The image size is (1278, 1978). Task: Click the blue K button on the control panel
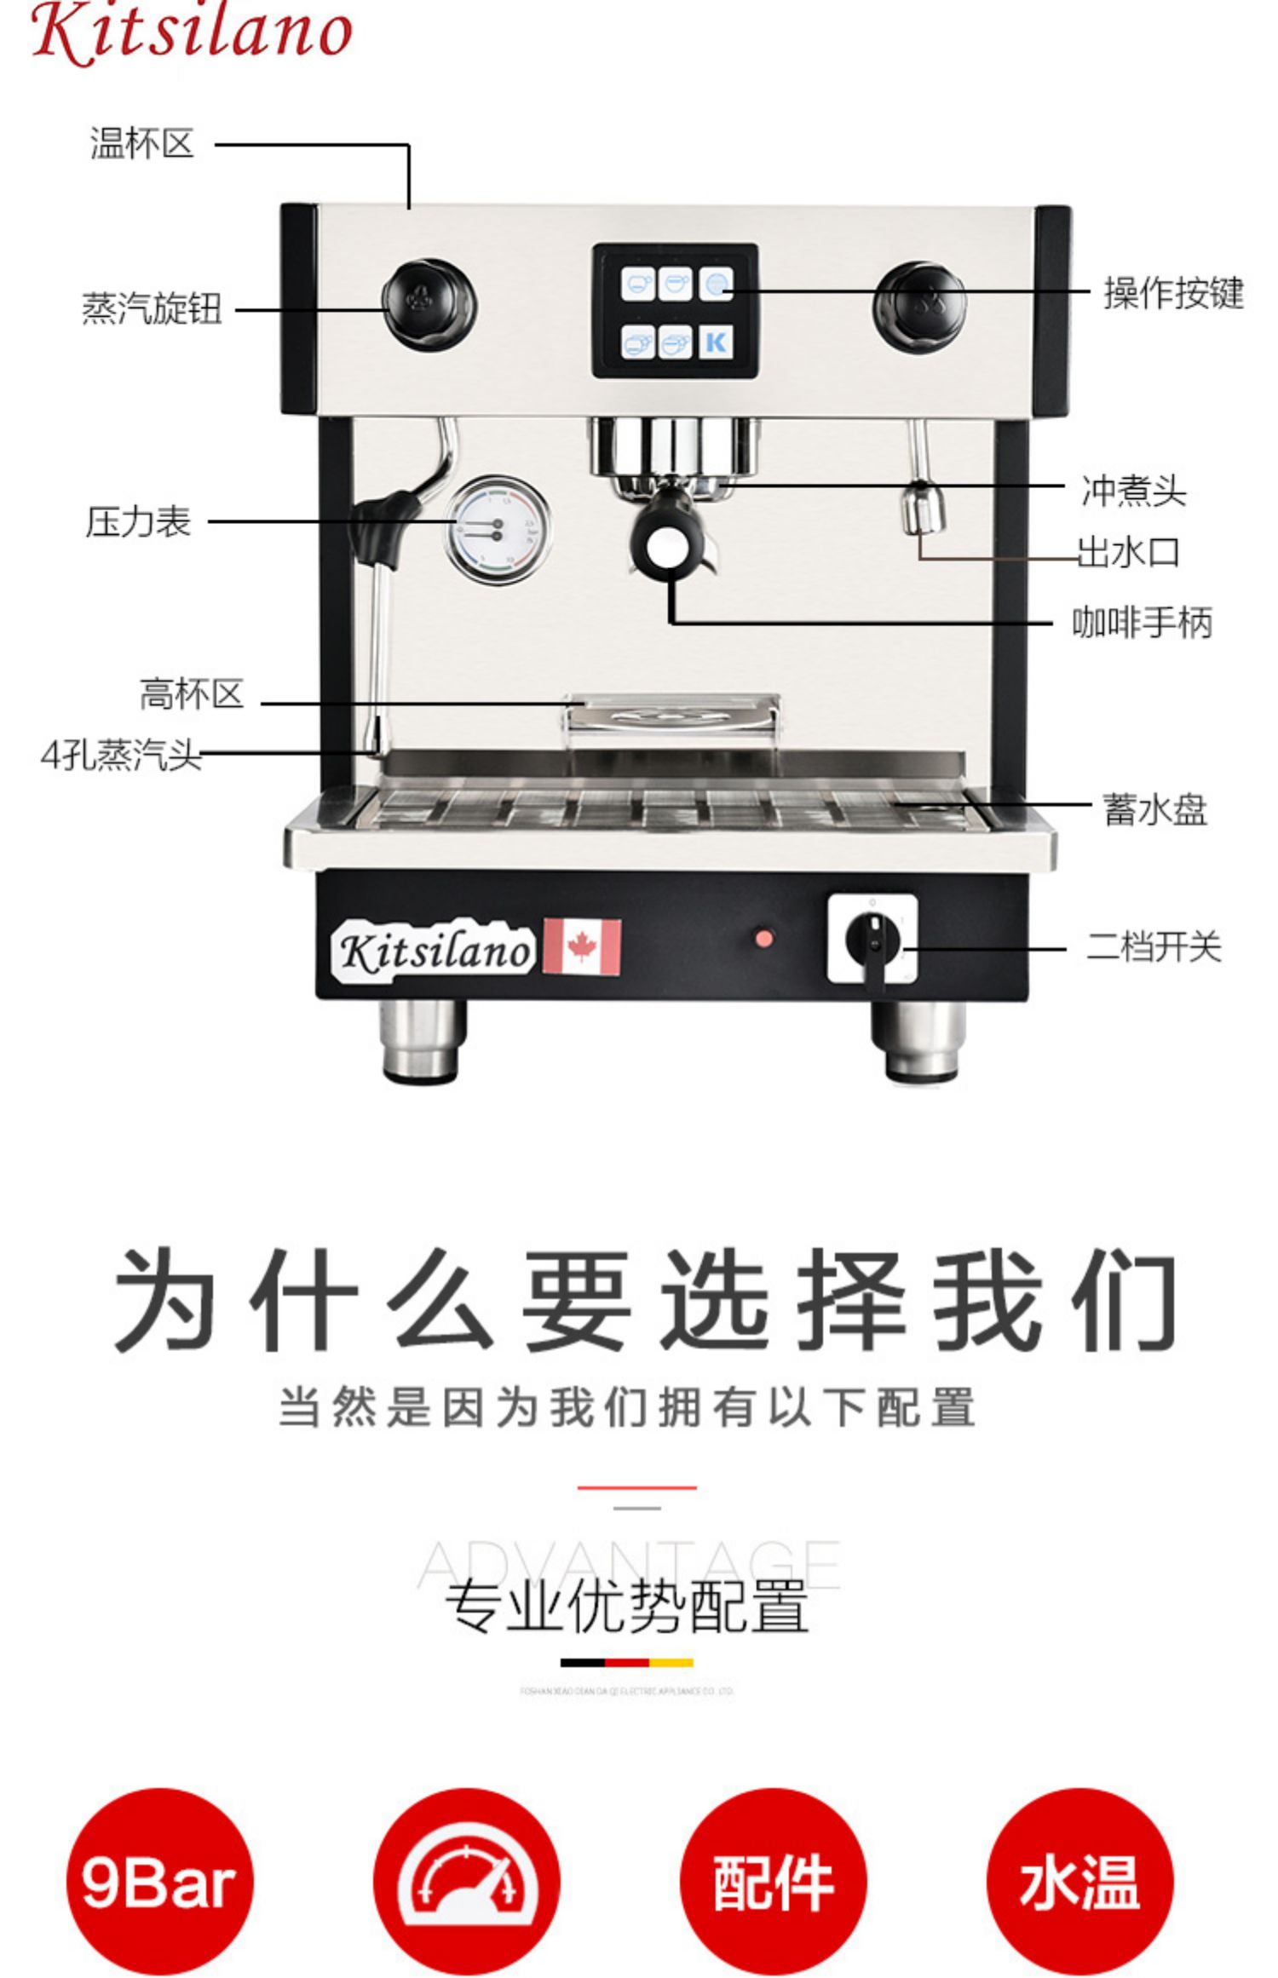point(717,342)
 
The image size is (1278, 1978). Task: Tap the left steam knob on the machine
point(429,304)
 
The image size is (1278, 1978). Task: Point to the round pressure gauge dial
point(497,529)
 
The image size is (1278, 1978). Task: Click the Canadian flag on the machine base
point(582,946)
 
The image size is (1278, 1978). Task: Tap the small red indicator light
point(764,939)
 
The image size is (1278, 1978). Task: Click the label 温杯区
point(142,143)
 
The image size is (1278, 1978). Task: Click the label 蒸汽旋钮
point(152,309)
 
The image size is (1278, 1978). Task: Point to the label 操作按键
point(1173,293)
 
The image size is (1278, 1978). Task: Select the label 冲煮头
point(1133,491)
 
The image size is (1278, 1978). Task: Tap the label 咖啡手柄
point(1142,623)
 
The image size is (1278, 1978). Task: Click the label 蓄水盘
point(1154,809)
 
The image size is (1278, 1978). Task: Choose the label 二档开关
point(1154,947)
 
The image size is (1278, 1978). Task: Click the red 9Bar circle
point(159,1883)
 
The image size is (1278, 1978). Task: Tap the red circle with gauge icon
point(466,1883)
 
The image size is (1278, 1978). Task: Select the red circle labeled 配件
point(773,1883)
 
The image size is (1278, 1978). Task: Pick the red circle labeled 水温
point(1079,1883)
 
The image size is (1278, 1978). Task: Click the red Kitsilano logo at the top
point(192,32)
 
